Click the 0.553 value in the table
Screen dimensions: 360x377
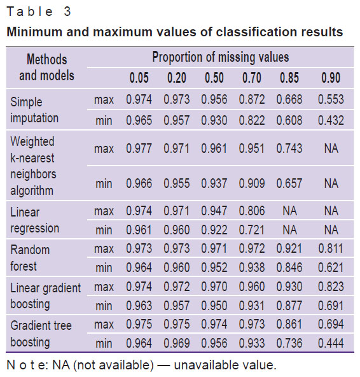[331, 99]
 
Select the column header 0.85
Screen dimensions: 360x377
[289, 78]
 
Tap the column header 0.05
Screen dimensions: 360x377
[139, 78]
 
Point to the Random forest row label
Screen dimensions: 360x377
[30, 258]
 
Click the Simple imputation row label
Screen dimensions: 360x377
[34, 110]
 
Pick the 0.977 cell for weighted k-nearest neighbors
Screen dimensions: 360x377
[139, 148]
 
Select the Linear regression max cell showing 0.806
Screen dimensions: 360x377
[251, 211]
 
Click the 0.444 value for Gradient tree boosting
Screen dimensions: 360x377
[331, 343]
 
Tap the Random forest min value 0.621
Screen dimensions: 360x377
[331, 267]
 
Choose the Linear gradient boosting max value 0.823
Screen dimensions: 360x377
[331, 287]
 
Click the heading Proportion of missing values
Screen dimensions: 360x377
[221, 58]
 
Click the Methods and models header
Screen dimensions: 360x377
[46, 68]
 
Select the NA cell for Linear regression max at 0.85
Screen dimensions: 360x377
[289, 211]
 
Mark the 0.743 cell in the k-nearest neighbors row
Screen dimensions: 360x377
[289, 148]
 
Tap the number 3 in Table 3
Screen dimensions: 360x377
[67, 11]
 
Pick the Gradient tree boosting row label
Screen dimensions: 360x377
[41, 334]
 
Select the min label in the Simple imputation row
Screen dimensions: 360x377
[104, 120]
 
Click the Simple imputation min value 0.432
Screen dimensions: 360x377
[331, 120]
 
